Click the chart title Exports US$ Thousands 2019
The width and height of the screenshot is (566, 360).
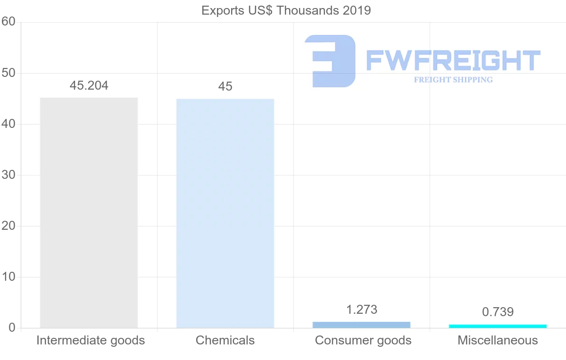[286, 10]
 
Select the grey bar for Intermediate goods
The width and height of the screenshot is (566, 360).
[89, 212]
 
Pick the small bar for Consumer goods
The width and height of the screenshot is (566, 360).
[361, 325]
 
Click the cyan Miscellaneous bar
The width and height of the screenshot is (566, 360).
[498, 326]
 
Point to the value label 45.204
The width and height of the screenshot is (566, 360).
[89, 85]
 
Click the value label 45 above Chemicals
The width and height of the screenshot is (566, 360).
[225, 86]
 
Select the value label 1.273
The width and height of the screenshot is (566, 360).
[361, 310]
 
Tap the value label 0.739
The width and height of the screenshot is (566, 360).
[498, 312]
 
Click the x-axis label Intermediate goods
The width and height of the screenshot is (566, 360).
[91, 340]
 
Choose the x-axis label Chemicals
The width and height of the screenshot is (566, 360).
[225, 340]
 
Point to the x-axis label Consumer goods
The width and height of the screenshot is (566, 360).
[363, 340]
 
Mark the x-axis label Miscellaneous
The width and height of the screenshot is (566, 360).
[498, 340]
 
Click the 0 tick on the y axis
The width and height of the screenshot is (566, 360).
[12, 328]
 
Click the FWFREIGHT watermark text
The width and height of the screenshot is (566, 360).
[453, 60]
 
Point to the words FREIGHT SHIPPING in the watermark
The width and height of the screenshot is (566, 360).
[453, 80]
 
